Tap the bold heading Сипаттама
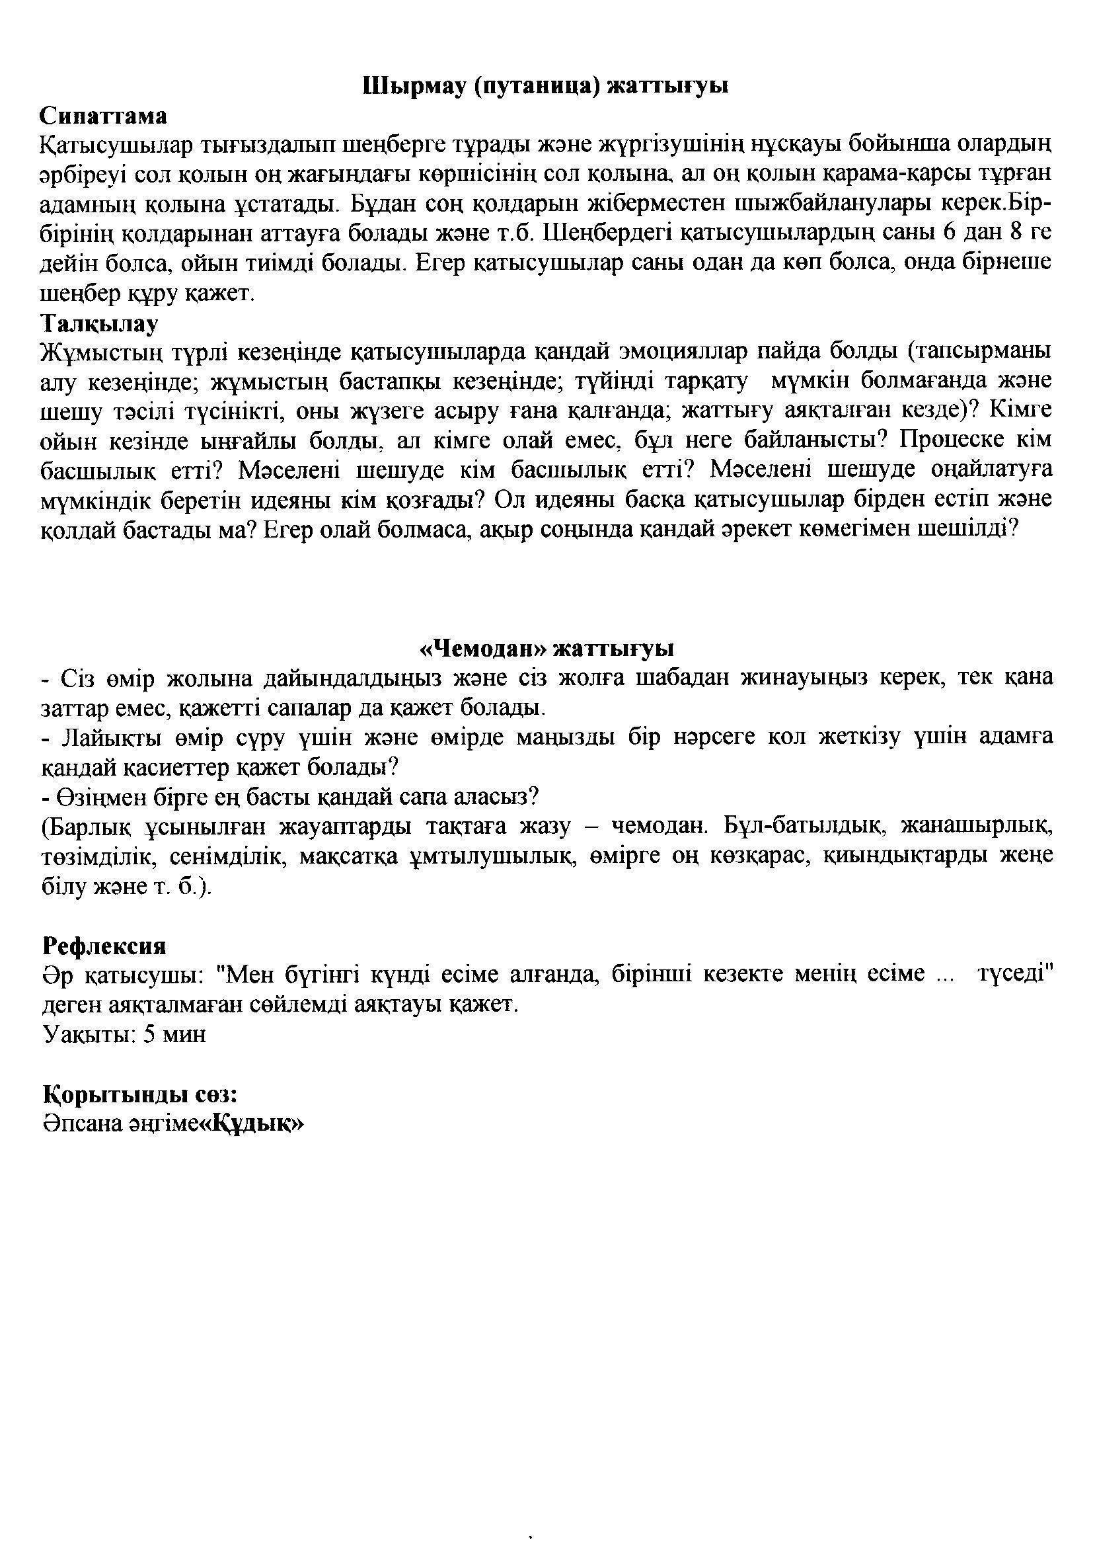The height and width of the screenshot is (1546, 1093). click(103, 116)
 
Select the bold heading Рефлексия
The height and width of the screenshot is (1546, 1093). click(104, 946)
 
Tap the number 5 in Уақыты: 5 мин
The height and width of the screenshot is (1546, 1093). click(149, 1034)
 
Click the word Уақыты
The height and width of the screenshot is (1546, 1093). click(87, 1034)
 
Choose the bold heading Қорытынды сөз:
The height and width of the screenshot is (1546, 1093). click(139, 1094)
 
